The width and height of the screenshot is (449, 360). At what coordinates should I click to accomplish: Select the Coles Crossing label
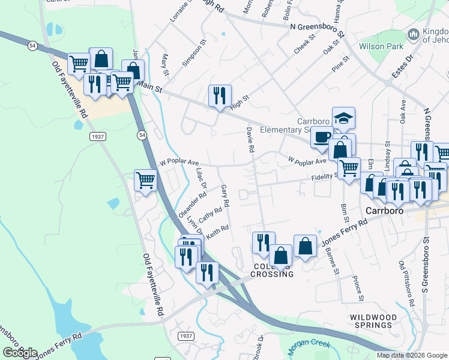coord(272,270)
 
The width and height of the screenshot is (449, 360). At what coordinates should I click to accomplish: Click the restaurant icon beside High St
coord(219,95)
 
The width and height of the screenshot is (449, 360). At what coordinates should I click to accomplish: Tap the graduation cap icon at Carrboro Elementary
coord(343,118)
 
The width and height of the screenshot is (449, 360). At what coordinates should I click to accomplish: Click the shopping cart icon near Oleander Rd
coord(146,179)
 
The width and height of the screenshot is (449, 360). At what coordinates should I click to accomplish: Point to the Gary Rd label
coord(226,196)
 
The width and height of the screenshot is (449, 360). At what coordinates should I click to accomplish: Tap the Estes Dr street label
coord(402,67)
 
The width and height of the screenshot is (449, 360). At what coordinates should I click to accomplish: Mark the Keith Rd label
coord(218,233)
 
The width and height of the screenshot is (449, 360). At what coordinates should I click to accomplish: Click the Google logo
coord(20,352)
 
